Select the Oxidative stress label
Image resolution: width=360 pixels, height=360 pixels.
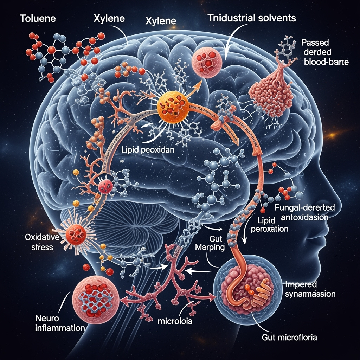pyautogui.click(x=39, y=242)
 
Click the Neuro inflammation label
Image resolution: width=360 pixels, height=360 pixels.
pyautogui.click(x=60, y=324)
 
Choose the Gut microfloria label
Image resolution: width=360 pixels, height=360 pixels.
pyautogui.click(x=290, y=338)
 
